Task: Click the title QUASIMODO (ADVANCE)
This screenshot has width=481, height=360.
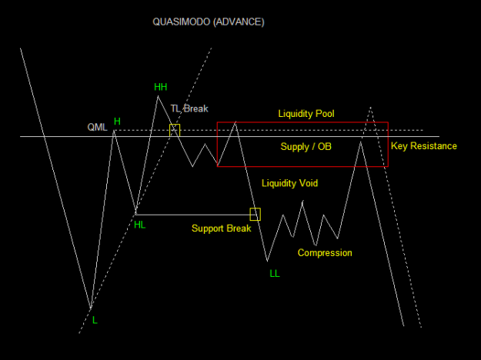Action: pyautogui.click(x=209, y=22)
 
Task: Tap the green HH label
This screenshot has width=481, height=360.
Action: pyautogui.click(x=160, y=87)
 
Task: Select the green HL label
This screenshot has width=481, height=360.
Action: pyautogui.click(x=139, y=225)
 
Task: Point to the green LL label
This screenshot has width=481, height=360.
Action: pyautogui.click(x=275, y=274)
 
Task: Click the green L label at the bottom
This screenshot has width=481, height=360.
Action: pyautogui.click(x=95, y=321)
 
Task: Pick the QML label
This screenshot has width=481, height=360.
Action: pyautogui.click(x=97, y=127)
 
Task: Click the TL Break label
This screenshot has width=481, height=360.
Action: pyautogui.click(x=189, y=108)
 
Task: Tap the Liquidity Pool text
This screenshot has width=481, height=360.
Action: pyautogui.click(x=306, y=114)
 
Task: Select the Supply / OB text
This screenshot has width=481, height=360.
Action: pyautogui.click(x=306, y=147)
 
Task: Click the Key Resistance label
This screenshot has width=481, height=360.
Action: pyautogui.click(x=423, y=146)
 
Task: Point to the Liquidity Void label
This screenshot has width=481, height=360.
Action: pyautogui.click(x=289, y=183)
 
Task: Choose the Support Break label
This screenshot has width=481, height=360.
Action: pyautogui.click(x=221, y=228)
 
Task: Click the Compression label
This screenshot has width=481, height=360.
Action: pyautogui.click(x=325, y=252)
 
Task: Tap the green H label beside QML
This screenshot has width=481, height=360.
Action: pyautogui.click(x=117, y=122)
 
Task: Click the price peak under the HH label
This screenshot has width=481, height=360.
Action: pyautogui.click(x=158, y=96)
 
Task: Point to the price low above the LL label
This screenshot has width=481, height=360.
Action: pyautogui.click(x=268, y=262)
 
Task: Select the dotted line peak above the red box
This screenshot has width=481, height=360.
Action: pyautogui.click(x=371, y=108)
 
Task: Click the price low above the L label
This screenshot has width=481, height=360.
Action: pyautogui.click(x=91, y=308)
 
